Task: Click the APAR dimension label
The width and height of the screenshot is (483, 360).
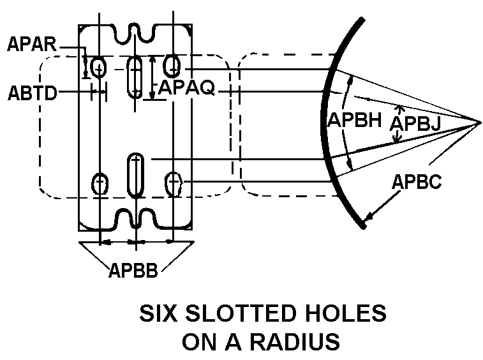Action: (33, 45)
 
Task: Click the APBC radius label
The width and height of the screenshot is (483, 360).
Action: (417, 182)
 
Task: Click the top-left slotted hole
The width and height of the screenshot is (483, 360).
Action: (99, 66)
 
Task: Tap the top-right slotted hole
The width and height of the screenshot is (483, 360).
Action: (171, 64)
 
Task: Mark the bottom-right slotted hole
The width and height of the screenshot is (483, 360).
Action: (173, 184)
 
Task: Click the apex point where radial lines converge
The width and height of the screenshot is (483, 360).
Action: (479, 121)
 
